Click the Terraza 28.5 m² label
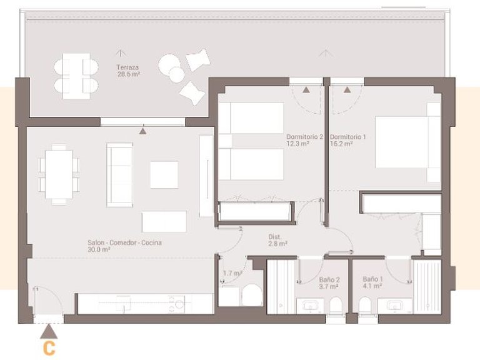pos(127,69)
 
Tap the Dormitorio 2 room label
pos(304,140)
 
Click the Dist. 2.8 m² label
pos(277,241)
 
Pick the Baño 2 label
pos(329,283)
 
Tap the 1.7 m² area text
pos(232,273)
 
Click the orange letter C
pos(48,347)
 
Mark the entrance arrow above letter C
pos(48,331)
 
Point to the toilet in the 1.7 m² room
pos(252,296)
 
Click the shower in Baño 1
pos(428,287)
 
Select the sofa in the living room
pos(119,174)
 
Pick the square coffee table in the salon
pos(164,174)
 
